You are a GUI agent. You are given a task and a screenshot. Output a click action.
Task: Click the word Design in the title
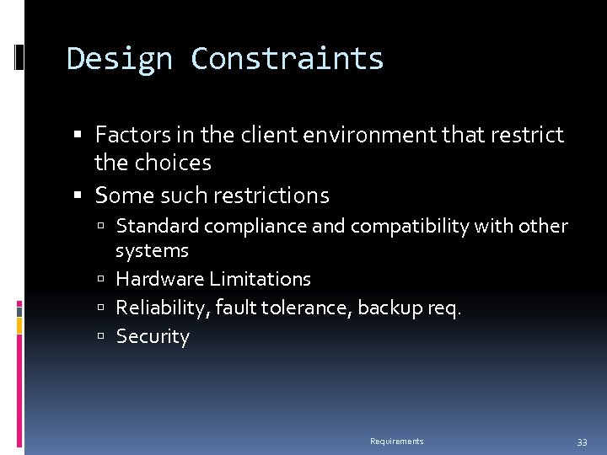[118, 59]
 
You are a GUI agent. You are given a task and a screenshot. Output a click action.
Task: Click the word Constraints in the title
[287, 59]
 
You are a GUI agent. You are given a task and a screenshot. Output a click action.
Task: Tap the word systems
[152, 250]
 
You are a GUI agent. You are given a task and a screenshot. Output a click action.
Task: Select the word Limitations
[260, 279]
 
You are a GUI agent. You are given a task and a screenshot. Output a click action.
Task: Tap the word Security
[153, 337]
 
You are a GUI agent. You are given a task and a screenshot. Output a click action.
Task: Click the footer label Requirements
[396, 442]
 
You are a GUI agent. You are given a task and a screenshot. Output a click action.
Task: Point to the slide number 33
[582, 442]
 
